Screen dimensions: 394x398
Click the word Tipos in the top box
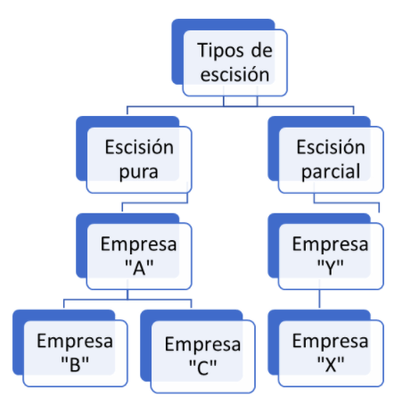click(222, 51)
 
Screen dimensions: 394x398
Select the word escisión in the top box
click(234, 74)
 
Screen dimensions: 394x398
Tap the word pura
click(138, 172)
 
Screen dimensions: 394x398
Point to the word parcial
click(331, 172)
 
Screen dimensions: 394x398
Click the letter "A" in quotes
click(139, 268)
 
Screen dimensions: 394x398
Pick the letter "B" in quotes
click(75, 364)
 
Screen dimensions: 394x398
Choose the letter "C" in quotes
click(203, 368)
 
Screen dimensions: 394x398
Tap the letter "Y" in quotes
click(331, 268)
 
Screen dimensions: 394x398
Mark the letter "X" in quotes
click(331, 364)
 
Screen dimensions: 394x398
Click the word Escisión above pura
click(139, 147)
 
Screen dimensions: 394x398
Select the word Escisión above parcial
click(331, 147)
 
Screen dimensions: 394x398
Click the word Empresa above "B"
click(75, 341)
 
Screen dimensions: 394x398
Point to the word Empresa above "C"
click(203, 344)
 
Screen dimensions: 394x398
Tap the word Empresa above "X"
click(331, 341)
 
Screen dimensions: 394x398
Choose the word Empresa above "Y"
click(331, 245)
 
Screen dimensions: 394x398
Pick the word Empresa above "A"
click(139, 245)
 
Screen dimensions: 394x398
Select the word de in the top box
click(262, 51)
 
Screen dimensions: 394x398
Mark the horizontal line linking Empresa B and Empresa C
click(127, 299)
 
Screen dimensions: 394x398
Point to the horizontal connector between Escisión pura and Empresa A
click(155, 203)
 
